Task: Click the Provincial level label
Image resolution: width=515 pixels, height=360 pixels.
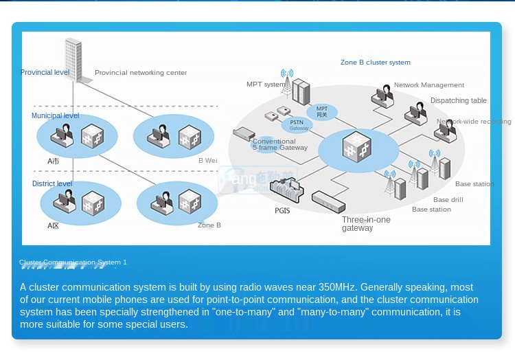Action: [x=45, y=72]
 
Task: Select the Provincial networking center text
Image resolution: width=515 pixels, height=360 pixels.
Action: [x=141, y=73]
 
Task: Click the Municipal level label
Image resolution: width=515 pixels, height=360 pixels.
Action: [x=55, y=115]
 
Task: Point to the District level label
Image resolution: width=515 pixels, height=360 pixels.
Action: [x=52, y=183]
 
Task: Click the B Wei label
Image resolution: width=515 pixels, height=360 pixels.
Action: [x=207, y=160]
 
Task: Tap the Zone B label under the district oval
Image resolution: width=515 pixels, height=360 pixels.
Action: [x=209, y=225]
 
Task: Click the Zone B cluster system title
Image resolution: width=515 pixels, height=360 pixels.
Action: [x=375, y=63]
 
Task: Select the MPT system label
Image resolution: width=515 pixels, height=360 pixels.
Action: [x=265, y=85]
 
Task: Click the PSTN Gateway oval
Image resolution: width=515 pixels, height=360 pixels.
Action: [x=298, y=124]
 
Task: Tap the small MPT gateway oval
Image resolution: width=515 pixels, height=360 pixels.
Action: [x=322, y=111]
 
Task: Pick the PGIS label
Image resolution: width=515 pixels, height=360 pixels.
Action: [x=282, y=210]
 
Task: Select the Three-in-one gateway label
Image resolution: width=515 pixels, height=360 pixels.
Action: [x=366, y=224]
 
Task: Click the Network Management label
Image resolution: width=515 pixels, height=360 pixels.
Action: [x=428, y=85]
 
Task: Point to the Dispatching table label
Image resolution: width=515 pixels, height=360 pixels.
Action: [x=458, y=100]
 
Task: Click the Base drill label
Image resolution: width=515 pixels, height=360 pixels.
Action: [x=448, y=200]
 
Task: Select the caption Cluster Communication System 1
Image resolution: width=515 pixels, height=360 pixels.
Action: [x=73, y=262]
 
